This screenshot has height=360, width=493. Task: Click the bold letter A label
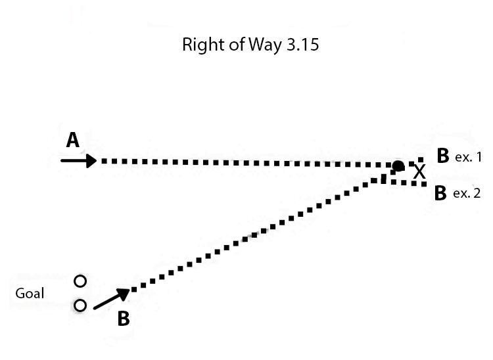coord(72,140)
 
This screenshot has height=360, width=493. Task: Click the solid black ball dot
coord(398,166)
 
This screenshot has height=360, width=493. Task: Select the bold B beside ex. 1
coord(442,156)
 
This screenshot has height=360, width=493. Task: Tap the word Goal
coord(30,293)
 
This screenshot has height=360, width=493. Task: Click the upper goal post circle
coord(80,281)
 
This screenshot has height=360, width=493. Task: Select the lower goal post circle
coord(80,305)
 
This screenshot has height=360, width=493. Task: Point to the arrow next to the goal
coord(110,299)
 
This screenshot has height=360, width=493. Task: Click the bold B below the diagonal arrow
coord(123,319)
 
